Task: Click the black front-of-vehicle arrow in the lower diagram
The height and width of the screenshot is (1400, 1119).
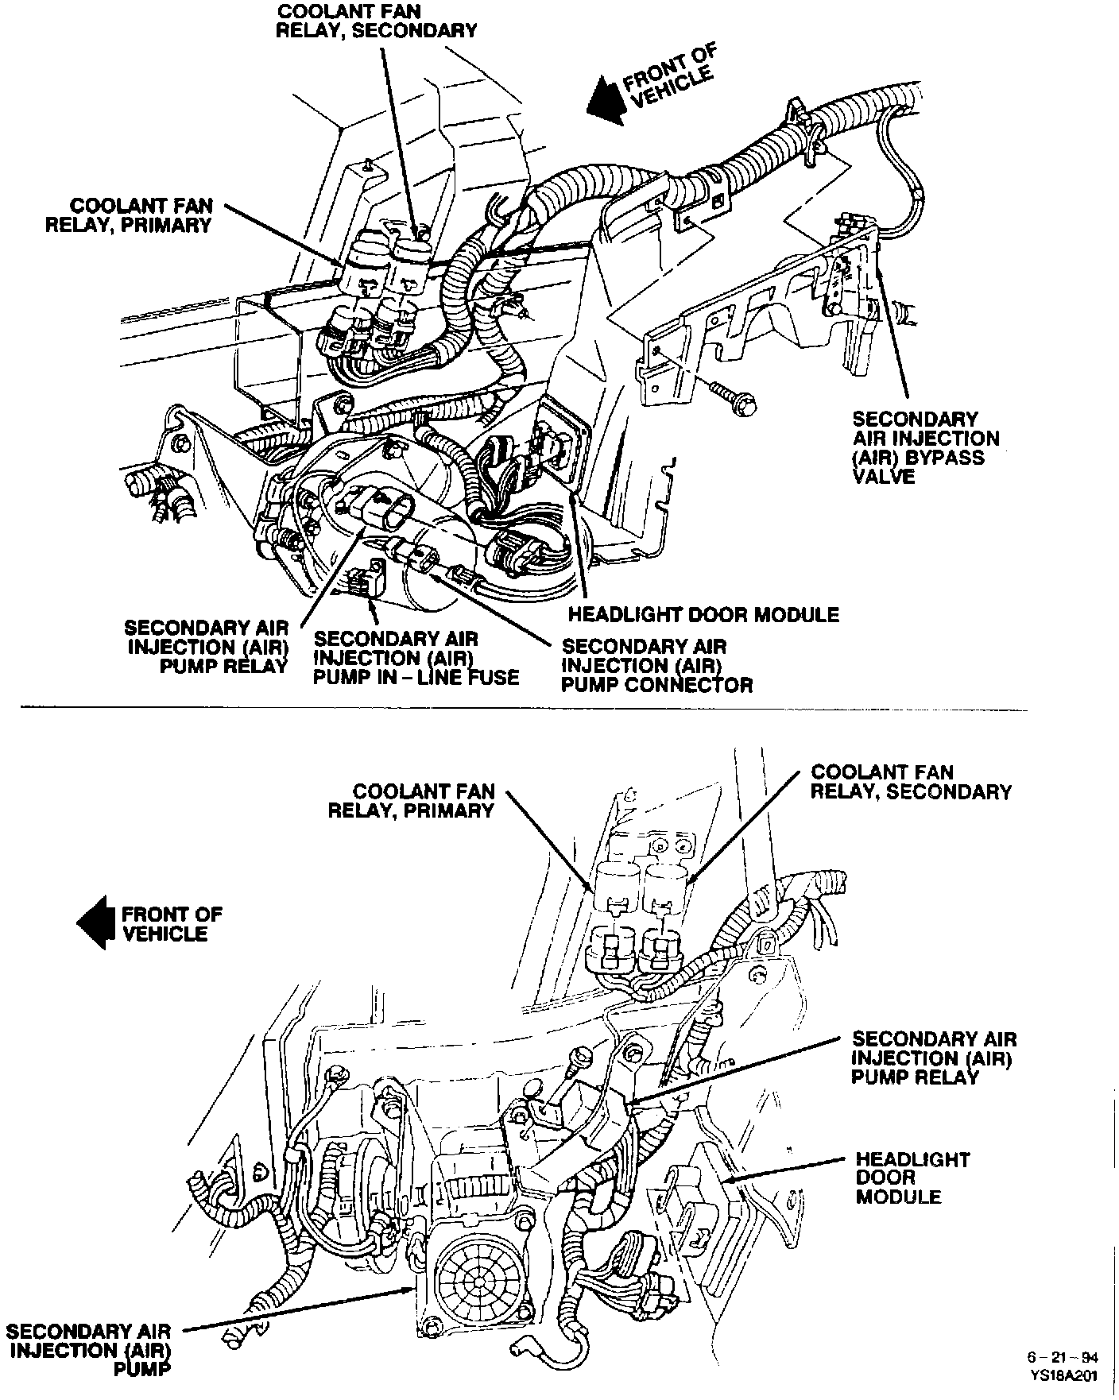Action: pyautogui.click(x=94, y=923)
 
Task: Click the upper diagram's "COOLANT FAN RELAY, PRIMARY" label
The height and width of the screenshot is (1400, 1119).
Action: pyautogui.click(x=130, y=215)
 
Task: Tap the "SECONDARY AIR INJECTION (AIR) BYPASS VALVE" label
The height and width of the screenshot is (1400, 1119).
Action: pyautogui.click(x=925, y=447)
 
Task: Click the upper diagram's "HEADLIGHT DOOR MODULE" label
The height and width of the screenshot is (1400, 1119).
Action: pyautogui.click(x=703, y=614)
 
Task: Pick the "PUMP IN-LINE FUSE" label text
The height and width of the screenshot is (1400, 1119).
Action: pyautogui.click(x=416, y=658)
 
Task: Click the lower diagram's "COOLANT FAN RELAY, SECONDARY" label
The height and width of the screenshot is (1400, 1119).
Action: pyautogui.click(x=910, y=782)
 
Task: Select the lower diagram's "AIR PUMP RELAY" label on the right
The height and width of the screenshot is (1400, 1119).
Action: pyautogui.click(x=933, y=1058)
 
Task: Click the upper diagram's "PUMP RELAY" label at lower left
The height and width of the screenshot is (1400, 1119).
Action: pyautogui.click(x=209, y=647)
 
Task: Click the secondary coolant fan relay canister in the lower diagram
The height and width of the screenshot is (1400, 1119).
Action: pyautogui.click(x=666, y=886)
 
